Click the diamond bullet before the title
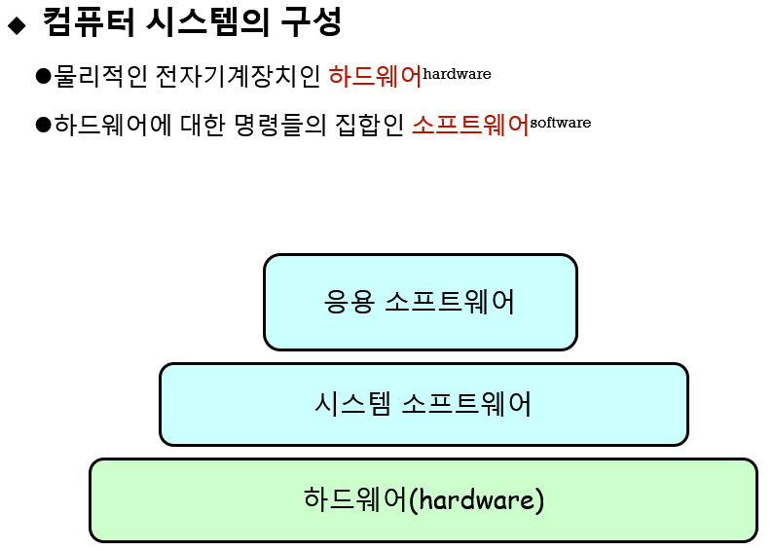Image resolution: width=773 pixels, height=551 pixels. [16, 26]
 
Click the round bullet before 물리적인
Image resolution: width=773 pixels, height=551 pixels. [42, 75]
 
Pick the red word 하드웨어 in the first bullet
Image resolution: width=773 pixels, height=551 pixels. [375, 75]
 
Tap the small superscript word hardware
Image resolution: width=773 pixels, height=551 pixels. [458, 73]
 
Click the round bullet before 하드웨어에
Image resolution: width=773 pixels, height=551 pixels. [42, 124]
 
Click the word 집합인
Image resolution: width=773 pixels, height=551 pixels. [375, 124]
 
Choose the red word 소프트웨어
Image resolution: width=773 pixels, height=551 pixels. [469, 124]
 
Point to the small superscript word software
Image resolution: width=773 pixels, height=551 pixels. [561, 123]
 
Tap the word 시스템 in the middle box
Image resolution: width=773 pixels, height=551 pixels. [353, 403]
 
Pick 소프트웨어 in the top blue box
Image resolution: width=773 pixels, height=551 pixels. [450, 302]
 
